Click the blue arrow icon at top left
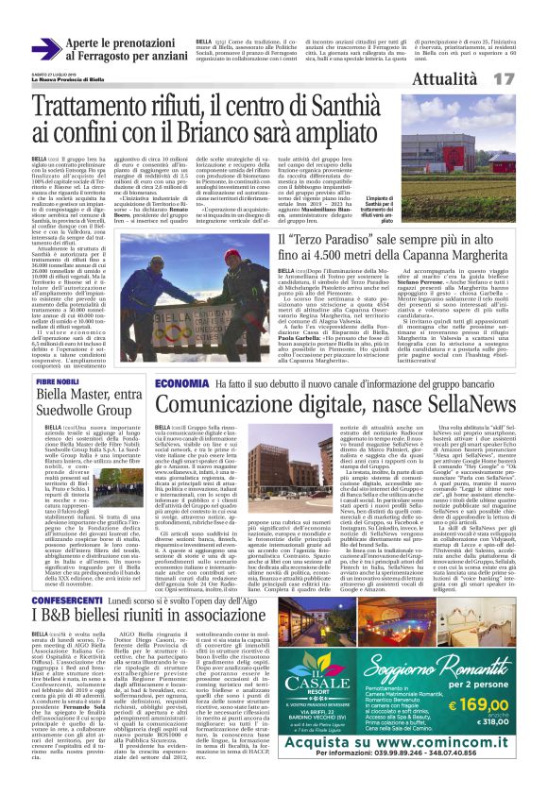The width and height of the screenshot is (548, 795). click(x=47, y=48)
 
